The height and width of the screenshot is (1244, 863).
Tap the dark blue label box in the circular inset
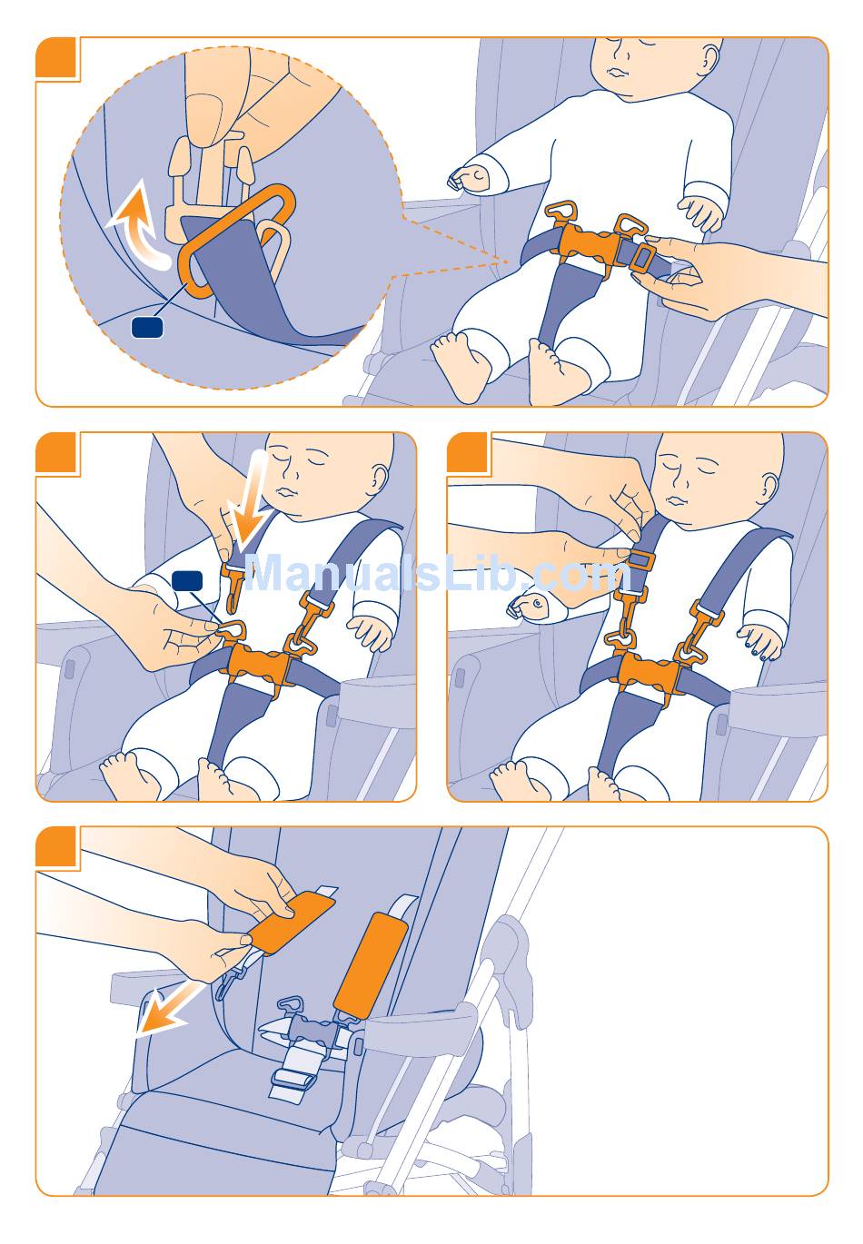pyautogui.click(x=147, y=327)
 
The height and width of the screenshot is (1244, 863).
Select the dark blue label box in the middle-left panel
pyautogui.click(x=187, y=580)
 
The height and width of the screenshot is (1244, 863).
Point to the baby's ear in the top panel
pyautogui.click(x=709, y=58)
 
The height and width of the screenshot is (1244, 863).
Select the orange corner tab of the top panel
pyautogui.click(x=55, y=57)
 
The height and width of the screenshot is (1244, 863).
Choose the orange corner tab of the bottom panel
pyautogui.click(x=55, y=845)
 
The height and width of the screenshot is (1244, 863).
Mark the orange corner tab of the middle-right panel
pyautogui.click(x=467, y=452)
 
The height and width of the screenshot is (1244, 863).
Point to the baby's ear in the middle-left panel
pyautogui.click(x=382, y=478)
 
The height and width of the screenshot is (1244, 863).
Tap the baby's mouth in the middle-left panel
pyautogui.click(x=288, y=492)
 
